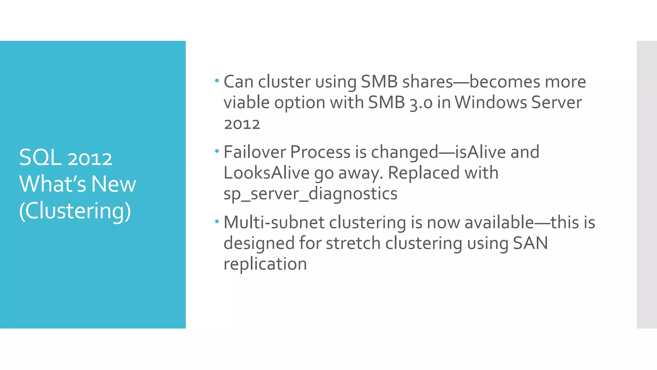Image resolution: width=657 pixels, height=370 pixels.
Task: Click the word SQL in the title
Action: (x=40, y=158)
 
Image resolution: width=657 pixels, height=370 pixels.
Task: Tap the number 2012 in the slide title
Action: (x=90, y=159)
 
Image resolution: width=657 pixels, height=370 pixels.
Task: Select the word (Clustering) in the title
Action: (x=75, y=211)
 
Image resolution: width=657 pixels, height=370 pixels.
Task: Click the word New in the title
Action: (x=114, y=184)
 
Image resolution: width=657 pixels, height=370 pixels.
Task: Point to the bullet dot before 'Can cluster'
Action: (x=217, y=80)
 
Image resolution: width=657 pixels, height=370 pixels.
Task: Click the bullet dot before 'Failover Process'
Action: (x=217, y=151)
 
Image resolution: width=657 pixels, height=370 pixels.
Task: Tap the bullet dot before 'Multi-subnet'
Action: (x=217, y=221)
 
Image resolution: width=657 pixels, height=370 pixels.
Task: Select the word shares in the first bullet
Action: (x=427, y=82)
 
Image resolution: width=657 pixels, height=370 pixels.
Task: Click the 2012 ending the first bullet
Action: (x=242, y=124)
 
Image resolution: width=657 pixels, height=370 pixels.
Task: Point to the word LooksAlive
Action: (x=266, y=173)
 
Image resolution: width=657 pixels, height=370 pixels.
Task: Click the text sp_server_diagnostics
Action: (x=310, y=194)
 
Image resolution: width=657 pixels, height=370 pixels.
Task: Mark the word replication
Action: (x=265, y=264)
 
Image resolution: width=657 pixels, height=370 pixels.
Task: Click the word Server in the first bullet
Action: (x=556, y=103)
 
